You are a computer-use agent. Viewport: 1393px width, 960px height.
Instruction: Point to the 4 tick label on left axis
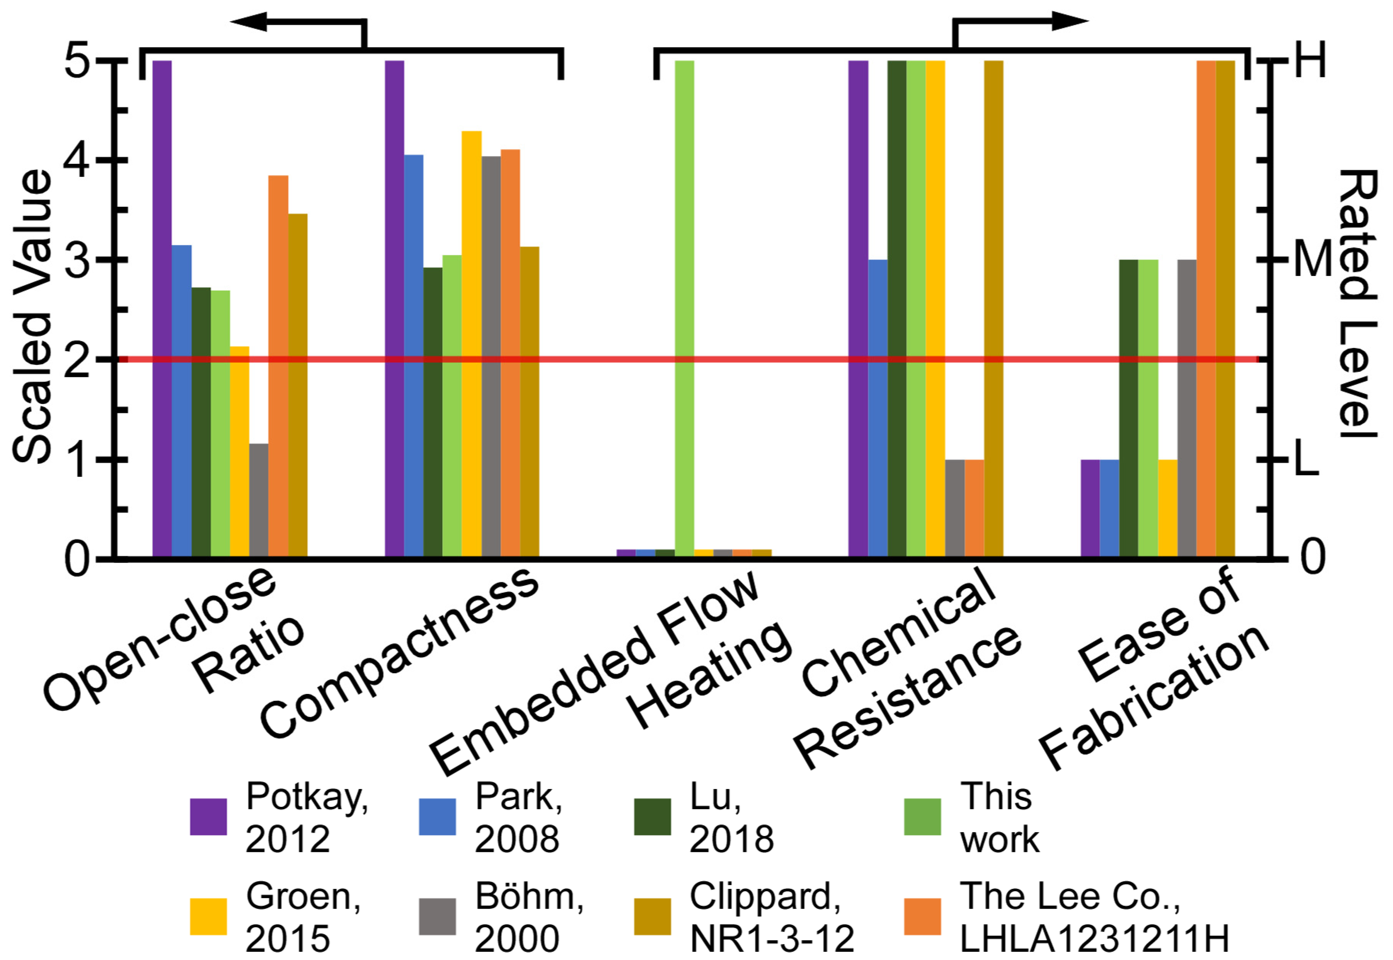[x=78, y=160]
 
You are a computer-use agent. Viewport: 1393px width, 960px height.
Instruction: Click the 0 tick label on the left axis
[x=78, y=559]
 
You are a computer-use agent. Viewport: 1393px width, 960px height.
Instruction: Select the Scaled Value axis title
[x=33, y=316]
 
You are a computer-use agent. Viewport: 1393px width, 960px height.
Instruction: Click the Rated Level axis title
[x=1357, y=304]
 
